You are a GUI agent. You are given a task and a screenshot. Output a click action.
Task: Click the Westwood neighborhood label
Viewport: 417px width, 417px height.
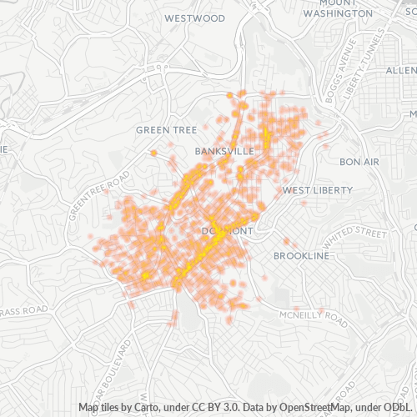(195, 18)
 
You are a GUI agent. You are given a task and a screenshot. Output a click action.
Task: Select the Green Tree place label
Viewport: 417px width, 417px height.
(166, 130)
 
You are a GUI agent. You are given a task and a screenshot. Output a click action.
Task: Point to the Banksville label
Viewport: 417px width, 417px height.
(224, 152)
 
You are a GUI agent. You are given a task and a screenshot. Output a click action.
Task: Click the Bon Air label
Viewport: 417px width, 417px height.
(359, 161)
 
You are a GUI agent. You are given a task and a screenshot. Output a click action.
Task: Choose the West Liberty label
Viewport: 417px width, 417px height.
(318, 190)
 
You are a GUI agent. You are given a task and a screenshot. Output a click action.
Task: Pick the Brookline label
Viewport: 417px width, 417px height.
(301, 256)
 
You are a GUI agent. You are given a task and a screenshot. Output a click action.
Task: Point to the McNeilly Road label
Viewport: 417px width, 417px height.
(312, 318)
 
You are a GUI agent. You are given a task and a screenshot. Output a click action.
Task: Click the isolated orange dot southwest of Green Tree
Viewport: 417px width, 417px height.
(153, 153)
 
